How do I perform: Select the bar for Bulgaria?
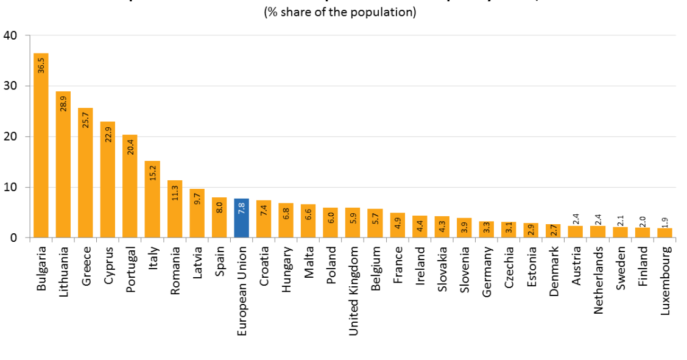(41, 146)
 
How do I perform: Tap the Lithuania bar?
(63, 164)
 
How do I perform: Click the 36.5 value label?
(41, 65)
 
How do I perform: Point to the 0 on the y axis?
(13, 238)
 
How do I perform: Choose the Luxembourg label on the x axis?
(665, 280)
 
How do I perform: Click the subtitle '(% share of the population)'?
(340, 12)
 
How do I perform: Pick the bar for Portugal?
(130, 186)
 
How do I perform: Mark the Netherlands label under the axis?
(598, 280)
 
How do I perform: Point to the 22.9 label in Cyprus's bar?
(108, 134)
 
